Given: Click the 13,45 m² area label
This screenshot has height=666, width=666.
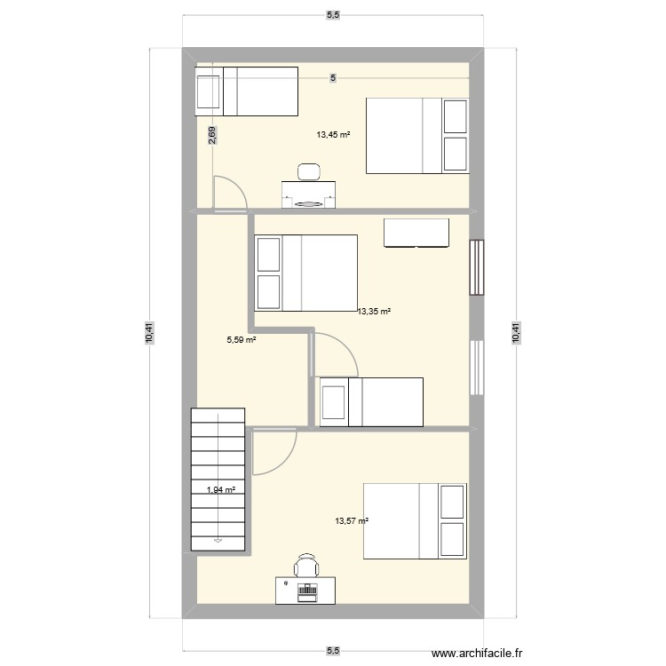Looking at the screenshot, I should tap(333, 136).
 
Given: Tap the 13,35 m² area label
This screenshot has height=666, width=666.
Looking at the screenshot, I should tap(374, 312).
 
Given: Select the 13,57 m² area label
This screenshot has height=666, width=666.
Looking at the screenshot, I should tap(352, 522).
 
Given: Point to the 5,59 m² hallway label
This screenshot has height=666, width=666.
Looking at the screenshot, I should tap(242, 339).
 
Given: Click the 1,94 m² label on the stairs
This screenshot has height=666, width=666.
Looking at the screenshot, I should tap(221, 489).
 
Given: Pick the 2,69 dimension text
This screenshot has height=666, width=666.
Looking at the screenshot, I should tap(211, 135).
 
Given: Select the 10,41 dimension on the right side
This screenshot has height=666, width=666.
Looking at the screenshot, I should tap(515, 333).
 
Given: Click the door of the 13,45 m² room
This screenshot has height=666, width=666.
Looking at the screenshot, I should tap(229, 194).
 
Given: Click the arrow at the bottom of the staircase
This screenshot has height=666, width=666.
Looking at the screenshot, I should tap(218, 537).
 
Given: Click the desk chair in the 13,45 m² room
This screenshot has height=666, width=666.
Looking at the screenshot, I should tap(309, 171).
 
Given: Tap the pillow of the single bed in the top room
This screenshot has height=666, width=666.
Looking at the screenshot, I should tap(209, 91).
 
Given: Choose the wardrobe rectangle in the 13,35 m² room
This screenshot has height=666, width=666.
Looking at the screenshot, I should tap(416, 233).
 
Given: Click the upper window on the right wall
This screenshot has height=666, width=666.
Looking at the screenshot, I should tap(478, 267).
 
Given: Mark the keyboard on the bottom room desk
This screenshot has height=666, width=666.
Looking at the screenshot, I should tap(308, 589).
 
